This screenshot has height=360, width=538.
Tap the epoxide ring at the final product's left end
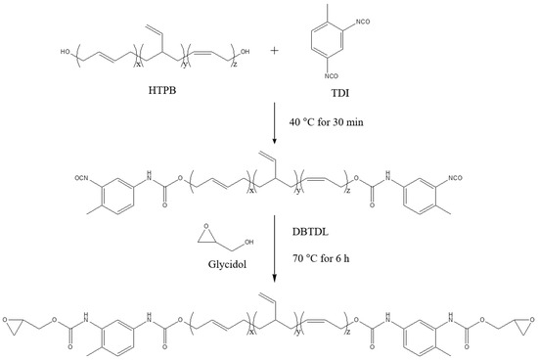[14, 318]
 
